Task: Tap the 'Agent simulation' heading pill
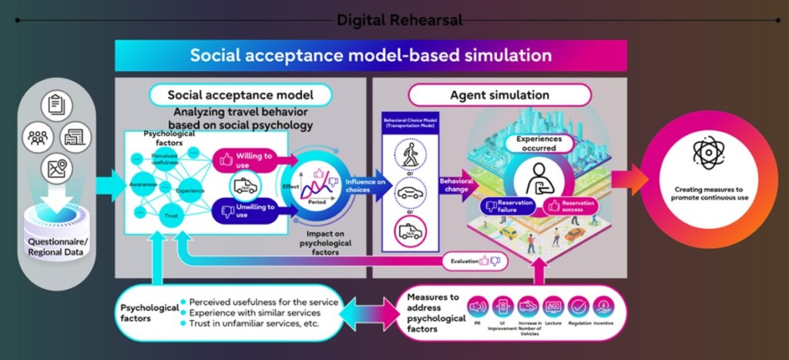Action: tap(499, 95)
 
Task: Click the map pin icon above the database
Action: tap(57, 167)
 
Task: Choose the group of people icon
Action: tap(36, 137)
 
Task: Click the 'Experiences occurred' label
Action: tap(544, 144)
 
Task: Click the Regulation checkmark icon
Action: tap(577, 307)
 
